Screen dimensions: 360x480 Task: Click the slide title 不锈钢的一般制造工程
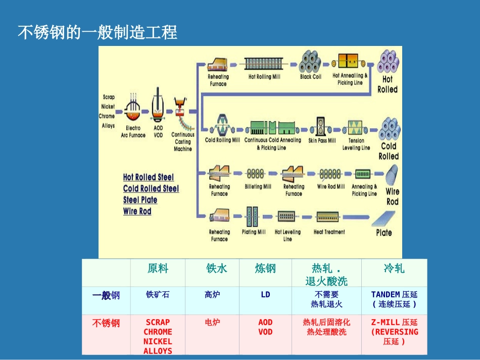coord(98,33)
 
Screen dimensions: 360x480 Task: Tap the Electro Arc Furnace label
coord(133,132)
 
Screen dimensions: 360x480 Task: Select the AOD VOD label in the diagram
coord(159,132)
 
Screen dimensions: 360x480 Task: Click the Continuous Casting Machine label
coord(183,142)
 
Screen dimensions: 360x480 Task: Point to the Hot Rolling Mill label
coord(264,77)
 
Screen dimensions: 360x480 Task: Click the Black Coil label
coord(310,77)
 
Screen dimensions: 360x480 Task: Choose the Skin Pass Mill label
coord(322,140)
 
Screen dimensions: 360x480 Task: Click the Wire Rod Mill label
coord(331,186)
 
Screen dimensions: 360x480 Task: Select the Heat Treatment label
coord(329,232)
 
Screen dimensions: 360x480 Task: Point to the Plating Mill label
coord(253,232)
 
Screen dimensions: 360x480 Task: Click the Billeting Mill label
coord(258,186)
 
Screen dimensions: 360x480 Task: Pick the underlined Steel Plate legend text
coord(140,200)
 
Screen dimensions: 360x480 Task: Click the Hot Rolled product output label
coord(388,84)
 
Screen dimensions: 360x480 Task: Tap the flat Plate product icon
coord(385,220)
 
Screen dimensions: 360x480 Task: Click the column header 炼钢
coord(265,269)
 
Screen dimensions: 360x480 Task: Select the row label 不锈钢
coord(106,323)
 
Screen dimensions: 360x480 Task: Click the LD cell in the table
coord(265,294)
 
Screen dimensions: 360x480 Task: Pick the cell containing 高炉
coord(212,294)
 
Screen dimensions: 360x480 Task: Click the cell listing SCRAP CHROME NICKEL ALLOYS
coord(158,336)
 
